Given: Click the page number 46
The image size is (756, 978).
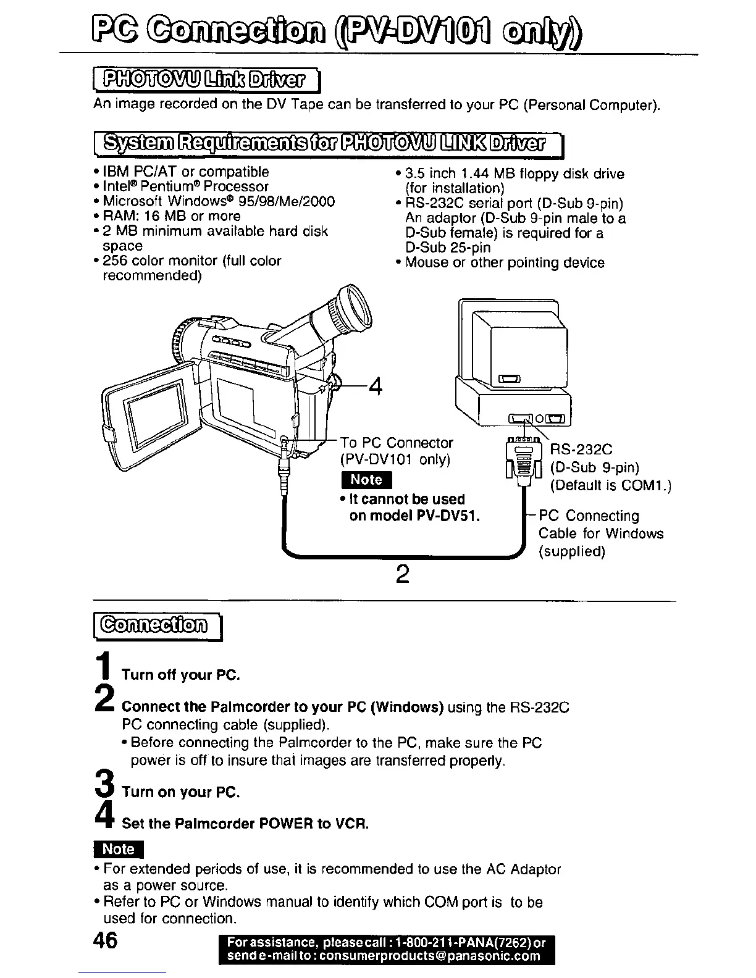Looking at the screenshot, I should pyautogui.click(x=105, y=940).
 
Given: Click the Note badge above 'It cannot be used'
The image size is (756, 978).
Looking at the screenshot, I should pyautogui.click(x=366, y=480).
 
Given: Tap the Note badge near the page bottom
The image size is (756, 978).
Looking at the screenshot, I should pyautogui.click(x=118, y=849).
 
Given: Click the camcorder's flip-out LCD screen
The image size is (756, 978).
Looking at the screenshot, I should pyautogui.click(x=156, y=409).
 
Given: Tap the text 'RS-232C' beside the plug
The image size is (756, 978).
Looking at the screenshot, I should pyautogui.click(x=581, y=449).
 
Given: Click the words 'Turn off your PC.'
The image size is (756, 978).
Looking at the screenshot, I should pyautogui.click(x=180, y=674).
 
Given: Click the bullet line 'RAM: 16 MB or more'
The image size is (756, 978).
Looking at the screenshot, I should pyautogui.click(x=172, y=216).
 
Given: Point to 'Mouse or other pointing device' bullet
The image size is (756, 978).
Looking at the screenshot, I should pyautogui.click(x=504, y=263).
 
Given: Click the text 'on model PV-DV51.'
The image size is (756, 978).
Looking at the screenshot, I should pyautogui.click(x=414, y=516).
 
